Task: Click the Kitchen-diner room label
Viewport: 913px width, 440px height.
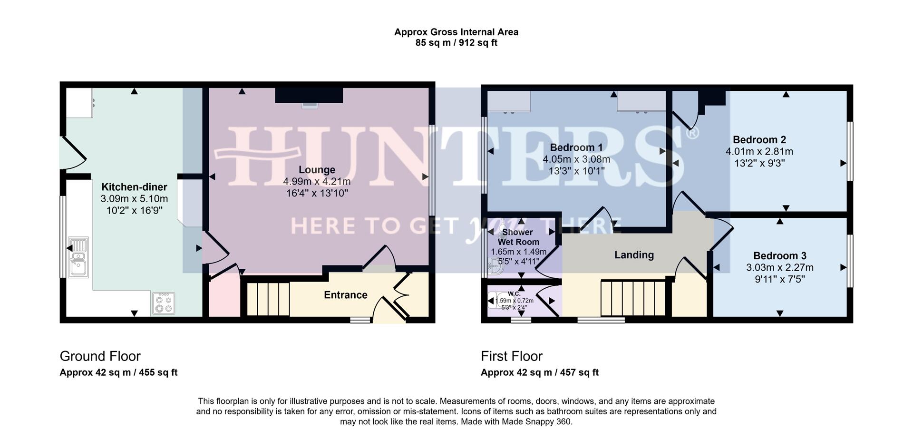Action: click(x=134, y=187)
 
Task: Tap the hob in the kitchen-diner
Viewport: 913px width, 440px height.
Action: click(x=163, y=303)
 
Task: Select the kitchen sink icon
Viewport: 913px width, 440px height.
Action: click(x=78, y=257)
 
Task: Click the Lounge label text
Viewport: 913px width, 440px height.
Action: click(x=317, y=170)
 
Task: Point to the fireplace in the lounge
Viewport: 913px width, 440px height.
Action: click(x=309, y=96)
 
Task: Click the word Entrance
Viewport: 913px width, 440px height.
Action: click(x=345, y=295)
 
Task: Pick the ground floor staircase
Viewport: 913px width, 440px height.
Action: click(x=268, y=299)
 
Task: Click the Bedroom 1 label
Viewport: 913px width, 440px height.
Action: click(x=576, y=147)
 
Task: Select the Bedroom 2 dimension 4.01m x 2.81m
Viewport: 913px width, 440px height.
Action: click(x=759, y=152)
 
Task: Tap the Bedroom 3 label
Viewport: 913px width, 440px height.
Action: click(x=779, y=256)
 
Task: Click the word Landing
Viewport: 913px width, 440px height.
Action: click(x=634, y=255)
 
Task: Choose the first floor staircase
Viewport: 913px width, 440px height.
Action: click(x=633, y=298)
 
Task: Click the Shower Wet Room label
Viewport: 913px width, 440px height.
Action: click(x=518, y=237)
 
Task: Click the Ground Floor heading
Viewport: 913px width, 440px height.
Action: click(x=100, y=356)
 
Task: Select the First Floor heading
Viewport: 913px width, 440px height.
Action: click(x=511, y=356)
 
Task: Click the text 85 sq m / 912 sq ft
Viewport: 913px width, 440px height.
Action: click(x=456, y=43)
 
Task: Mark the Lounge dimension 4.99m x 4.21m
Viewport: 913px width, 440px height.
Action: click(x=317, y=182)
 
